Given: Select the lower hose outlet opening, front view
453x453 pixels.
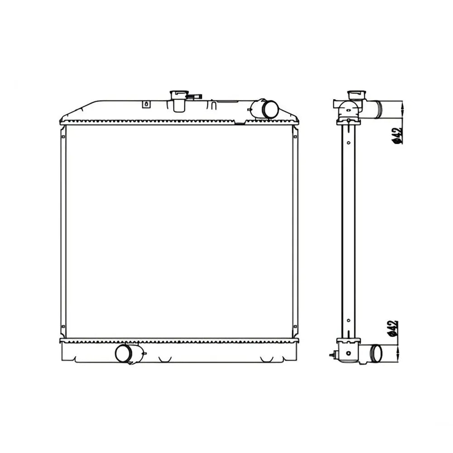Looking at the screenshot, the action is click(124, 354).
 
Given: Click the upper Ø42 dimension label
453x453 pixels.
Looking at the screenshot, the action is click(398, 135).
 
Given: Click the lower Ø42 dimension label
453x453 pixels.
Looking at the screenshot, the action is click(393, 328).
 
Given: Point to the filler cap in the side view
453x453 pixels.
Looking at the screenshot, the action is click(357, 94).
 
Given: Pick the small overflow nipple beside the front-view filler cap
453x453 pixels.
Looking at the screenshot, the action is click(195, 97).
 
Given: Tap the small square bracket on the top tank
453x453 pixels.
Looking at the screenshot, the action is click(146, 104).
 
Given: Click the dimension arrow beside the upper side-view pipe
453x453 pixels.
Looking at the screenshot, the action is click(402, 110).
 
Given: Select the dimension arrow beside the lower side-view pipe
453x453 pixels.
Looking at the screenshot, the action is click(398, 353).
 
